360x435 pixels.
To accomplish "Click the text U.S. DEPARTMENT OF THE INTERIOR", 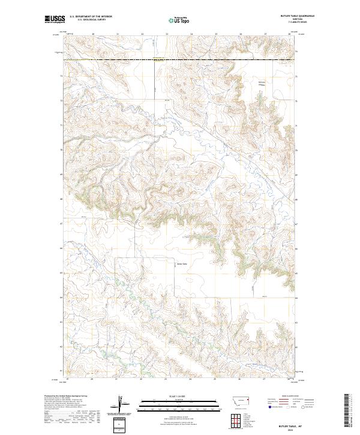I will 91,17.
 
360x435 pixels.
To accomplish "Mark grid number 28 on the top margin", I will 289,34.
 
